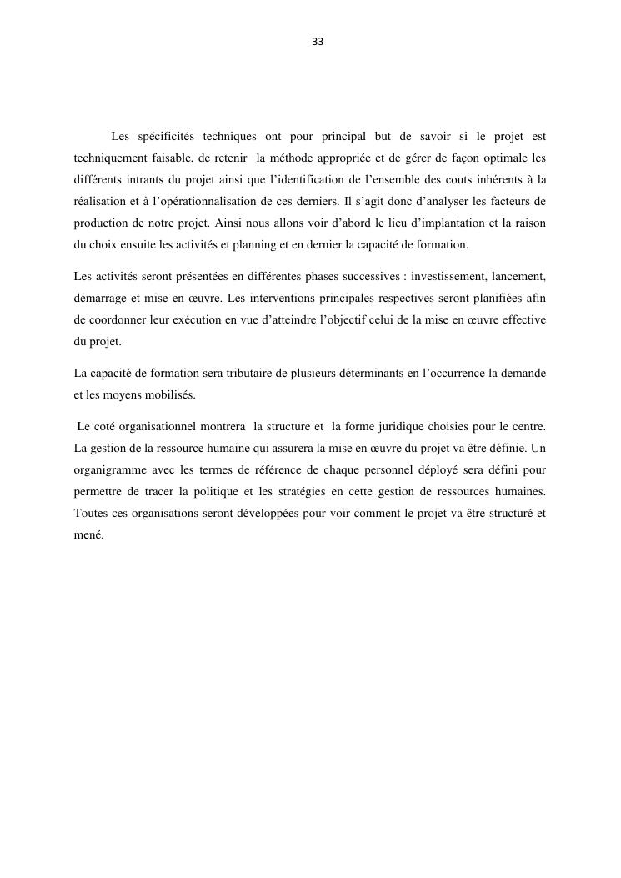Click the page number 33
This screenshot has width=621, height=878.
[x=318, y=42]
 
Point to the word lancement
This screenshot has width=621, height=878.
[x=518, y=277]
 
